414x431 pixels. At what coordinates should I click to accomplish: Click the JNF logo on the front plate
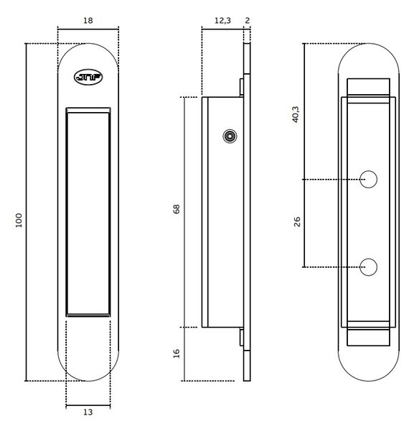click(88, 77)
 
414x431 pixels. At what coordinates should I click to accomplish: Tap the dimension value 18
click(88, 21)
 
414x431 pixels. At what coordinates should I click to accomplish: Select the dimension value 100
click(19, 221)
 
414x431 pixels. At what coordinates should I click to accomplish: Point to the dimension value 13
click(88, 412)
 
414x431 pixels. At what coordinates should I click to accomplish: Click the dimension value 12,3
click(222, 21)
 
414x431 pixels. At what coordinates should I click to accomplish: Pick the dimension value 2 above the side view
click(247, 21)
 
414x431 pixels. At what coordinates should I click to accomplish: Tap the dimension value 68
click(177, 209)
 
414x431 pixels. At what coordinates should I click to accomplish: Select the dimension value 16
click(177, 353)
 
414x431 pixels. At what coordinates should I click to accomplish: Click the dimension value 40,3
click(296, 114)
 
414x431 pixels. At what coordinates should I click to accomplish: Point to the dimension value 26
click(297, 221)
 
